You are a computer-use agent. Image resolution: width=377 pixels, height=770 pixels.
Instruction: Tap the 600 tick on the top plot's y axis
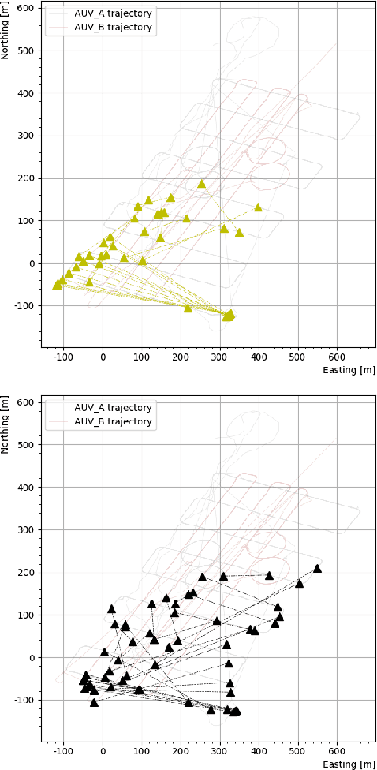tap(26, 8)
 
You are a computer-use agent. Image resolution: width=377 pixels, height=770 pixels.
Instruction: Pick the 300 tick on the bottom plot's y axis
tap(26, 530)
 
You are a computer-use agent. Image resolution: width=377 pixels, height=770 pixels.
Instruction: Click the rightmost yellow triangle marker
tap(258, 207)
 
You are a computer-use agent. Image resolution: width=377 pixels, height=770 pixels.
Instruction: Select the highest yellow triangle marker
tap(201, 184)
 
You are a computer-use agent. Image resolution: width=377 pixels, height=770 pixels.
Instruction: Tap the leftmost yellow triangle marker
tap(57, 285)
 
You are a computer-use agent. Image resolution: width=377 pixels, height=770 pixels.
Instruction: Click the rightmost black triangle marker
tap(317, 568)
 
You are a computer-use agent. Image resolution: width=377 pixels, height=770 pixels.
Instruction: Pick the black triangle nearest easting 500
tap(299, 584)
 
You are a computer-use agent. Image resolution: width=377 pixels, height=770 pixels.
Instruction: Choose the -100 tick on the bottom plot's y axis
tap(24, 701)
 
